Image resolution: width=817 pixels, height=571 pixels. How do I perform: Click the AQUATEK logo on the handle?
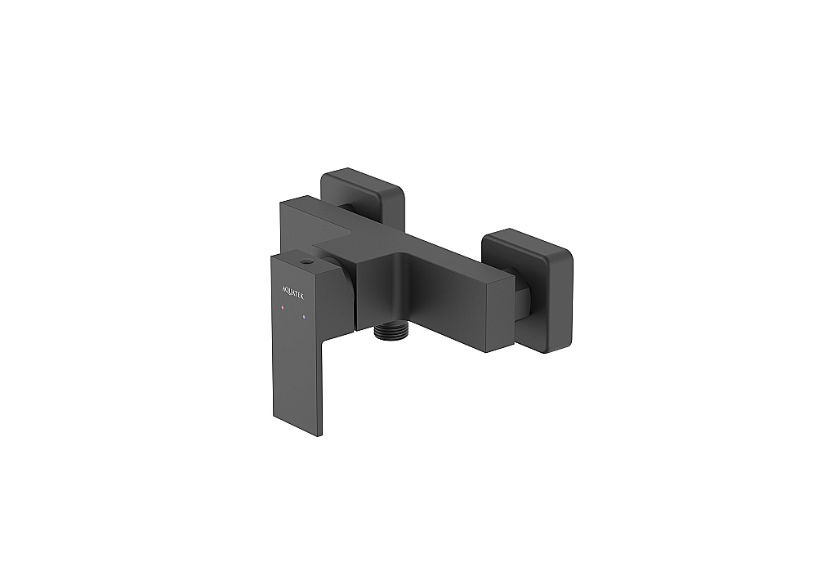(292, 292)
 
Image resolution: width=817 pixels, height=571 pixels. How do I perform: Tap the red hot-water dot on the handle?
(283, 308)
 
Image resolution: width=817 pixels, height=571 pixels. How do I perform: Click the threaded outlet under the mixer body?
(391, 333)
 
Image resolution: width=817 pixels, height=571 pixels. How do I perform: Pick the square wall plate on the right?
(527, 290)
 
